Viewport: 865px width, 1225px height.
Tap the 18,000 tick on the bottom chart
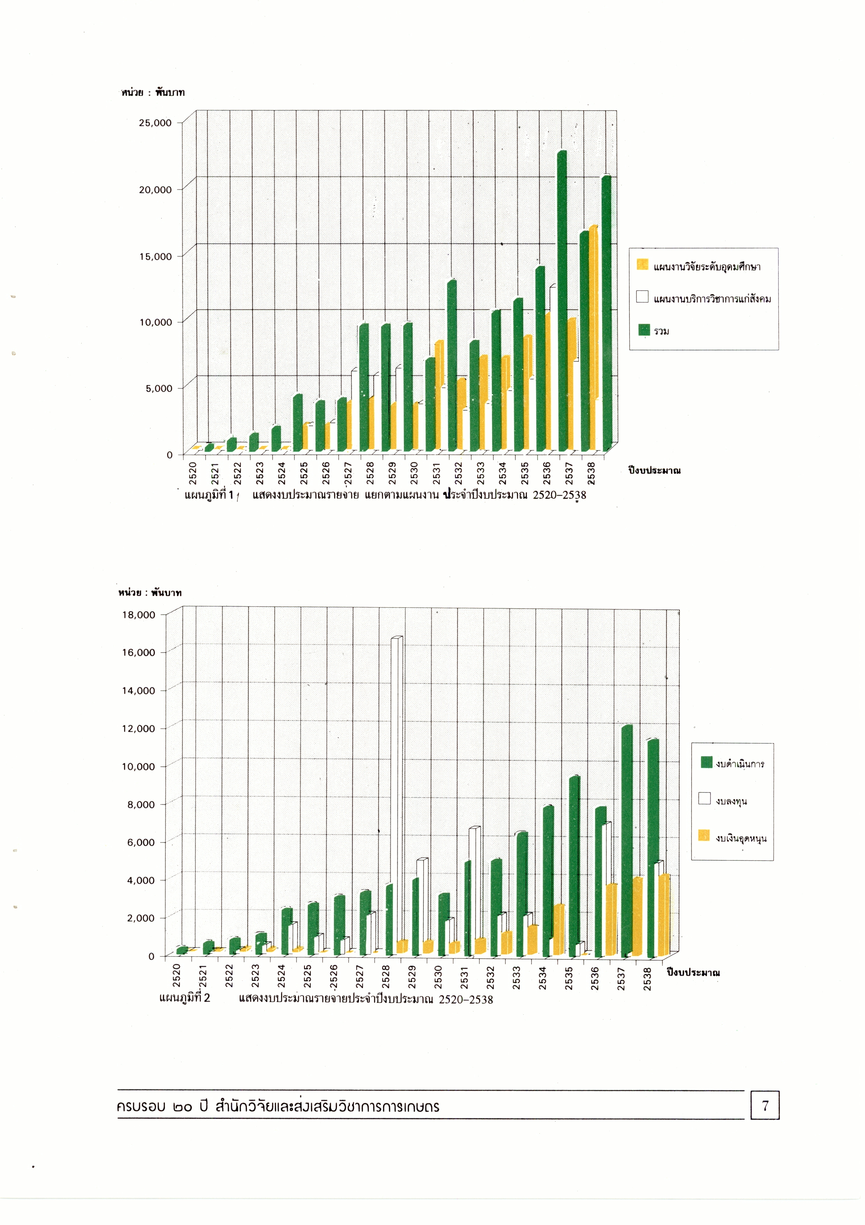(x=138, y=615)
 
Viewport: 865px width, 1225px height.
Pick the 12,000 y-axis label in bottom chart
(x=138, y=729)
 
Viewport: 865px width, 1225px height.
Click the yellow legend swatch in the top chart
(x=642, y=265)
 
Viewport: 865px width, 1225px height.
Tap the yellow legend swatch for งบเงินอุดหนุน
(x=704, y=835)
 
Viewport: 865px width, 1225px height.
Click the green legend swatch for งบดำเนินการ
(x=707, y=762)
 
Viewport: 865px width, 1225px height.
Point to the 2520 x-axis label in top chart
(x=193, y=473)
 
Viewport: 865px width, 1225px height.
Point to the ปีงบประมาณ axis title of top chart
(x=654, y=471)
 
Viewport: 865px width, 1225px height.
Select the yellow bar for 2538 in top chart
(x=593, y=315)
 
